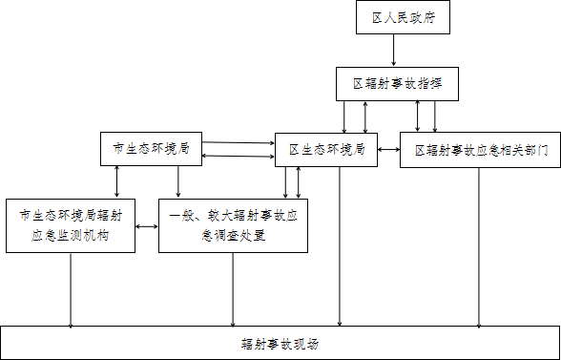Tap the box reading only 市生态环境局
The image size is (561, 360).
[x=152, y=148]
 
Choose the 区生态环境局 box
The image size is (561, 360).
[x=325, y=149]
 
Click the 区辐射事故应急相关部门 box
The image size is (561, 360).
[x=481, y=150]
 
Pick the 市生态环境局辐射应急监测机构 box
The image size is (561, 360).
[x=71, y=226]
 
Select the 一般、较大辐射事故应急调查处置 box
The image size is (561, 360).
[x=234, y=226]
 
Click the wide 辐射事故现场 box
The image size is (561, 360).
[x=280, y=343]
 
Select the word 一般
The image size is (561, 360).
[x=182, y=217]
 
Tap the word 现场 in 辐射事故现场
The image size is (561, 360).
[x=305, y=344]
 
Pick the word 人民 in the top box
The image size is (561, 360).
[x=396, y=18]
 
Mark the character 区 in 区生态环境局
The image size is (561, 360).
[x=294, y=149]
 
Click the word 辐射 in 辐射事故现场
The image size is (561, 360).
[x=254, y=344]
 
